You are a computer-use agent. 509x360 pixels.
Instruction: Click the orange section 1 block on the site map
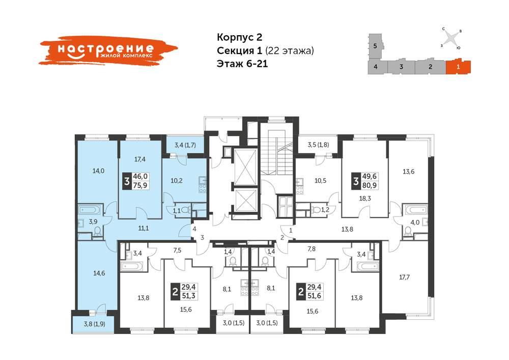pyautogui.click(x=458, y=67)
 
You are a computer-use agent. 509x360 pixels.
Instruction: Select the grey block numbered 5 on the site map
pyautogui.click(x=376, y=46)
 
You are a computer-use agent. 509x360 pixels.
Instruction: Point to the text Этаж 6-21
pyautogui.click(x=242, y=64)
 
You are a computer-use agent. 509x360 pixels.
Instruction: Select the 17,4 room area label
pyautogui.click(x=140, y=159)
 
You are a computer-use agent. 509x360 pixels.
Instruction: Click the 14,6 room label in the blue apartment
pyautogui.click(x=99, y=273)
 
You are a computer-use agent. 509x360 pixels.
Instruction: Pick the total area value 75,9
pyautogui.click(x=140, y=185)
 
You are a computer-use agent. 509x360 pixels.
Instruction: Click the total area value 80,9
pyautogui.click(x=370, y=185)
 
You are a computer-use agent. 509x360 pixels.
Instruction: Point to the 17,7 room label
pyautogui.click(x=404, y=277)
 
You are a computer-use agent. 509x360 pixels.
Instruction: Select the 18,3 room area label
pyautogui.click(x=365, y=199)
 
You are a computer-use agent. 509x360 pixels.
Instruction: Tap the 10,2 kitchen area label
pyautogui.click(x=177, y=180)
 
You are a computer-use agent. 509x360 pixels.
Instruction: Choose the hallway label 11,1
pyautogui.click(x=144, y=228)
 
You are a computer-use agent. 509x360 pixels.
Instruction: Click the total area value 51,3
pyautogui.click(x=189, y=296)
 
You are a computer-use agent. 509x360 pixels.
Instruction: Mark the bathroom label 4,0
pyautogui.click(x=415, y=223)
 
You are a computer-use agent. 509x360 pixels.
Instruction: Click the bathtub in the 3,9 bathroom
pyautogui.click(x=91, y=210)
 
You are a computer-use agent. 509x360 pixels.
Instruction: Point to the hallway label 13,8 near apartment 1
pyautogui.click(x=347, y=229)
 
